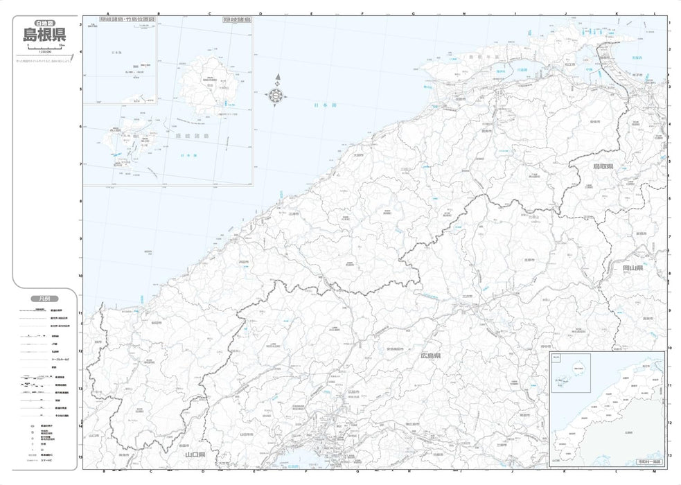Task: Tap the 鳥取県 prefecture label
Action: tap(604, 167)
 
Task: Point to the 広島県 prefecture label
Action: tap(430, 356)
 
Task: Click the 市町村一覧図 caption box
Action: tap(647, 460)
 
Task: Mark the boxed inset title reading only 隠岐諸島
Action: tap(236, 21)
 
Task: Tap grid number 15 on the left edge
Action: tap(80, 457)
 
